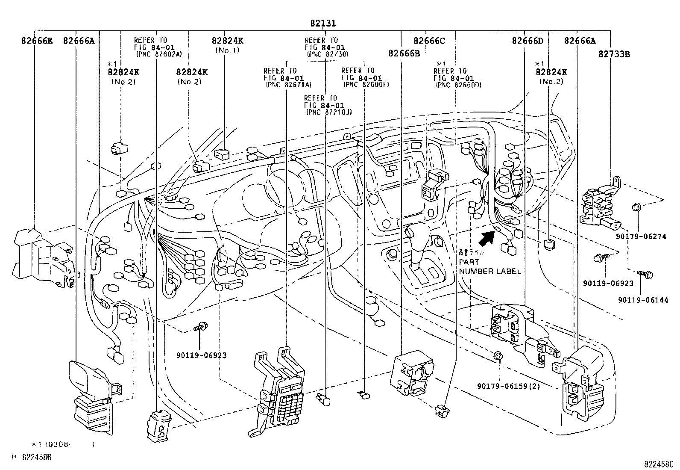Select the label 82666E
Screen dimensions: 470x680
point(37,41)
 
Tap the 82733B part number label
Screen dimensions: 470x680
point(614,54)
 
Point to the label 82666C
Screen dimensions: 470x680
point(429,41)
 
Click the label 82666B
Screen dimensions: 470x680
point(404,53)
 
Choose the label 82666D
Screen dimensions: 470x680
point(528,41)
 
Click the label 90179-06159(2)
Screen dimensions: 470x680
point(509,386)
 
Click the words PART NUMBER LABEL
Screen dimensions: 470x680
point(489,266)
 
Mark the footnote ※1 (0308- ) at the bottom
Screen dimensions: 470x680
point(62,444)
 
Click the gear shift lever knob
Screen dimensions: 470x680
point(410,232)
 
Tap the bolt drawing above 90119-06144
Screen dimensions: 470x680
point(644,274)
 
